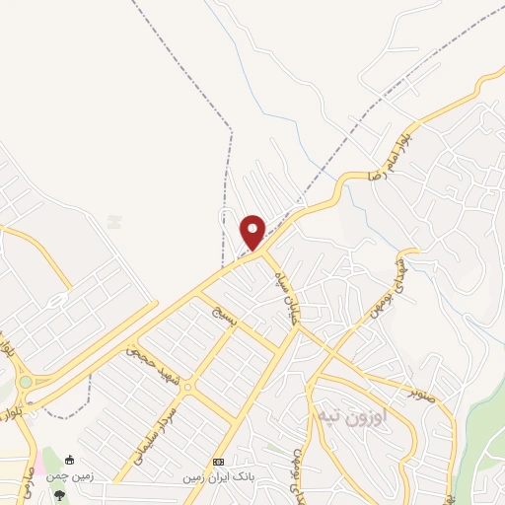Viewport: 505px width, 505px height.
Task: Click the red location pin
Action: tap(252, 232)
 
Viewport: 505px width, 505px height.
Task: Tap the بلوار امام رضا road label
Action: tap(388, 155)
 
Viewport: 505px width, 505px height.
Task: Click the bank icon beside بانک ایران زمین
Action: tap(219, 462)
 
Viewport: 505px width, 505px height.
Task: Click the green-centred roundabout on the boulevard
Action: tap(25, 382)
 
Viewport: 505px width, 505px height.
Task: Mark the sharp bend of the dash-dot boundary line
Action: tap(231, 128)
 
